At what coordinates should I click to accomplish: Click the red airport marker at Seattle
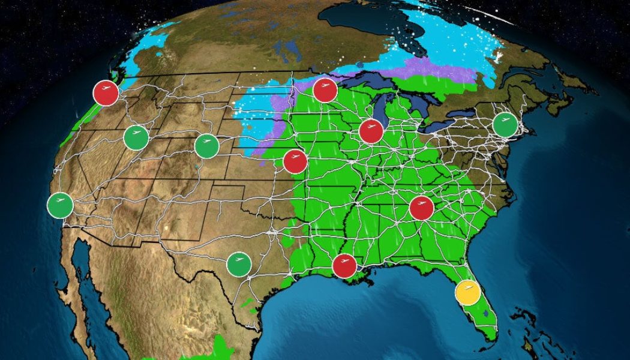point(106,92)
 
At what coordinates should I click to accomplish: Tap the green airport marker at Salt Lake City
point(136,138)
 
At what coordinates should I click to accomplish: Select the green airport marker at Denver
point(207,145)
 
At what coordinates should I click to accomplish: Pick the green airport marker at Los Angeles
point(60,206)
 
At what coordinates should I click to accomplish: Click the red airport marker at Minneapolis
point(324,91)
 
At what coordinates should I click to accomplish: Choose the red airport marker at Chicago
point(371,131)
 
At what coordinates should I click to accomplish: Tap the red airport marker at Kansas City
point(295,161)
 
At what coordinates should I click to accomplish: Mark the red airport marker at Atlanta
point(421,208)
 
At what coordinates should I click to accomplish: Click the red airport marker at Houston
point(344,266)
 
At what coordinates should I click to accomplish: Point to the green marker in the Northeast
point(505,124)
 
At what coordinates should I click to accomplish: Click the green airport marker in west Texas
point(239,264)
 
